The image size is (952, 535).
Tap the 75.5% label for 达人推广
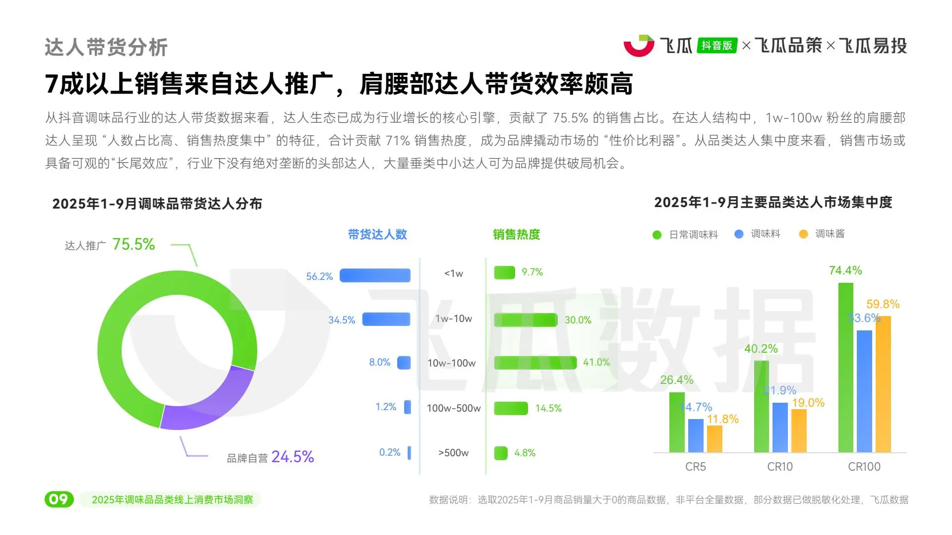click(x=133, y=244)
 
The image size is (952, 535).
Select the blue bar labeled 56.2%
click(x=375, y=275)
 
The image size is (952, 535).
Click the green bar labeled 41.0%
click(x=535, y=363)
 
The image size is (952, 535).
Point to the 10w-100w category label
click(x=451, y=363)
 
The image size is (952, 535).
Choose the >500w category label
click(x=453, y=453)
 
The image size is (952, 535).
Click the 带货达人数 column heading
click(x=377, y=234)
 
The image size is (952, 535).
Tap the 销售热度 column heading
click(x=516, y=234)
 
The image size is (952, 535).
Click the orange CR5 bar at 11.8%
click(x=714, y=438)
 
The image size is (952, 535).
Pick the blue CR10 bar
click(x=780, y=427)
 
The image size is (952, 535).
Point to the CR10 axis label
click(x=780, y=467)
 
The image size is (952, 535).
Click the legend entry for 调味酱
click(x=823, y=234)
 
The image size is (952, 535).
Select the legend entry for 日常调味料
click(x=686, y=235)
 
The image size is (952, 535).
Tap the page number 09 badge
click(x=59, y=499)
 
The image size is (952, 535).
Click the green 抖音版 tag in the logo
click(x=717, y=46)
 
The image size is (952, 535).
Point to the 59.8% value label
click(x=883, y=304)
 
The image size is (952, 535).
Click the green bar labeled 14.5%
click(x=511, y=408)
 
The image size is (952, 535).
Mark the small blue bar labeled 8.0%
click(x=404, y=363)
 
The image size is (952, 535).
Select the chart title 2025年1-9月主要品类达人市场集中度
click(x=773, y=203)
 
